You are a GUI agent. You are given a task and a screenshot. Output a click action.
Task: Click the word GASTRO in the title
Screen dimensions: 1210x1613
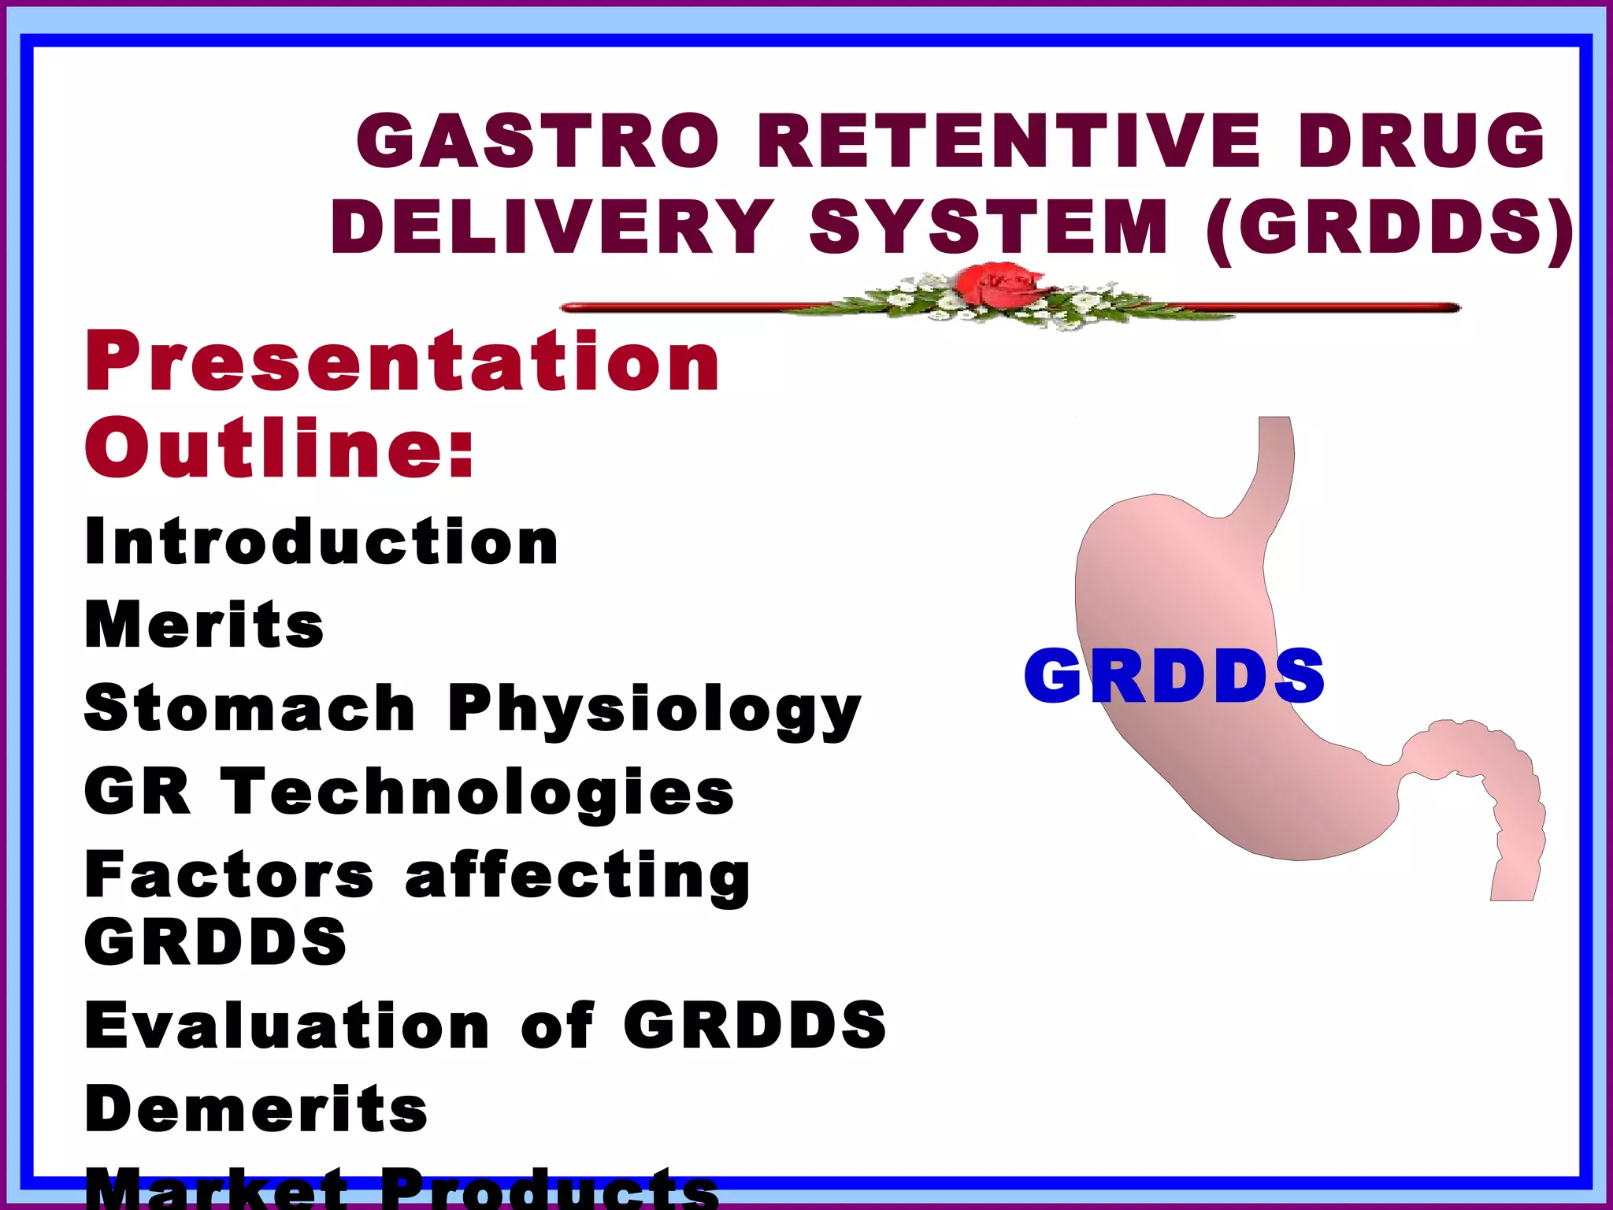coord(538,141)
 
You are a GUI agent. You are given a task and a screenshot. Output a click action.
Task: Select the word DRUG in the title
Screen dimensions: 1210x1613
coord(1422,141)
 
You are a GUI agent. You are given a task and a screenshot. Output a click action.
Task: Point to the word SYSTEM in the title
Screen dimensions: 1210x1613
coord(989,227)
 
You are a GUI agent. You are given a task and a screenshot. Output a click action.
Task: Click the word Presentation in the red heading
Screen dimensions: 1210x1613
coord(402,362)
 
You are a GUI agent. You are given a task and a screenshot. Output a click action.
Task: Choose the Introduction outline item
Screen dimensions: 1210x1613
coord(321,542)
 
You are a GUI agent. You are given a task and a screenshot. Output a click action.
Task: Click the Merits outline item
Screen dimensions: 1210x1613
coord(204,625)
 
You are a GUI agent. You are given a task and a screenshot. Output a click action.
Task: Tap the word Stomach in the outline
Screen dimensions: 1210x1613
coord(250,708)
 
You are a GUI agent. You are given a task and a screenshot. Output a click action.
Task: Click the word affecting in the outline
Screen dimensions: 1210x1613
coord(577,877)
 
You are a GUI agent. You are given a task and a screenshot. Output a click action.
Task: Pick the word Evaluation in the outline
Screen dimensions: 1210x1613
coord(287,1026)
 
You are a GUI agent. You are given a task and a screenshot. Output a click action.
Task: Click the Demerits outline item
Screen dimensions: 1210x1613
coord(256,1109)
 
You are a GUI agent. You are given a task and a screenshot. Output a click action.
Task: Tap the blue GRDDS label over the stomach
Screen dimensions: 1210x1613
coord(1174,676)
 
